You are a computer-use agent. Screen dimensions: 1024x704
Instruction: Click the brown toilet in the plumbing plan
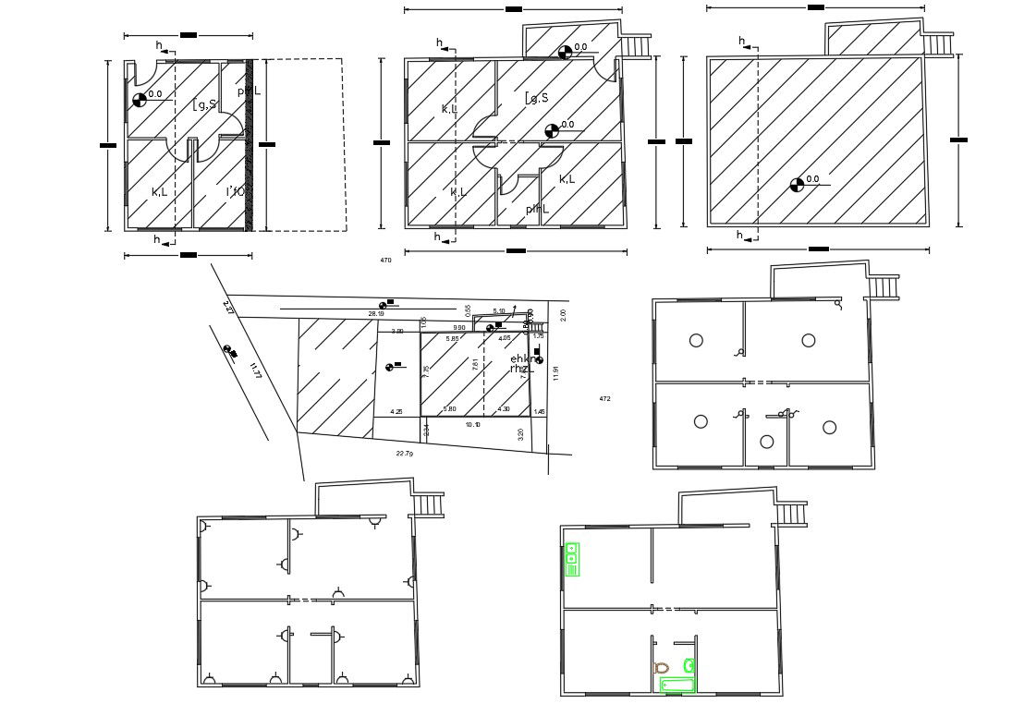(x=661, y=667)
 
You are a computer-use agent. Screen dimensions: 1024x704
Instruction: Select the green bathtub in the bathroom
(x=677, y=684)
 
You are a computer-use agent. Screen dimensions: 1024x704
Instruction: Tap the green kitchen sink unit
(x=572, y=559)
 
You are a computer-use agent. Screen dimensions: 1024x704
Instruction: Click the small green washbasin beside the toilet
(x=689, y=664)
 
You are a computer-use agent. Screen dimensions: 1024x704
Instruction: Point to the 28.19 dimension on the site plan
(x=375, y=314)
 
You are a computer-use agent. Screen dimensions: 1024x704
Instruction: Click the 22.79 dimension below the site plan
(x=404, y=454)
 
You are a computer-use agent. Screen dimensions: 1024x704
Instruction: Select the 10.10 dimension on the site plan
(x=472, y=425)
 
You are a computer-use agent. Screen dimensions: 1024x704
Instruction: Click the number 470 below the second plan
(x=385, y=261)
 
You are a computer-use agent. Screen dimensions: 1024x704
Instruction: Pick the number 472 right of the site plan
(x=604, y=399)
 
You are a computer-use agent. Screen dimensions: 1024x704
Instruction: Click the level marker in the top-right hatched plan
(x=797, y=185)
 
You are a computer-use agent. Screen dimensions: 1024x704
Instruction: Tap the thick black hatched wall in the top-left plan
(x=250, y=145)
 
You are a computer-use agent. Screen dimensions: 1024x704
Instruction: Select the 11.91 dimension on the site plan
(x=555, y=373)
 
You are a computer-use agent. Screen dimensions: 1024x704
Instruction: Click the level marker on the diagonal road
(x=229, y=349)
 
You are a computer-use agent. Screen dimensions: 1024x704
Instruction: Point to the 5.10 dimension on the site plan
(x=499, y=311)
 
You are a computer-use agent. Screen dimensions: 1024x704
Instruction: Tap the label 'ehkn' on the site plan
(x=522, y=358)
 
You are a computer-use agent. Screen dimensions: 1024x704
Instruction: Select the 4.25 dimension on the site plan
(x=396, y=411)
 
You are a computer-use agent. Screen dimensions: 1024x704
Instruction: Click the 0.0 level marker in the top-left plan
(x=139, y=98)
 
